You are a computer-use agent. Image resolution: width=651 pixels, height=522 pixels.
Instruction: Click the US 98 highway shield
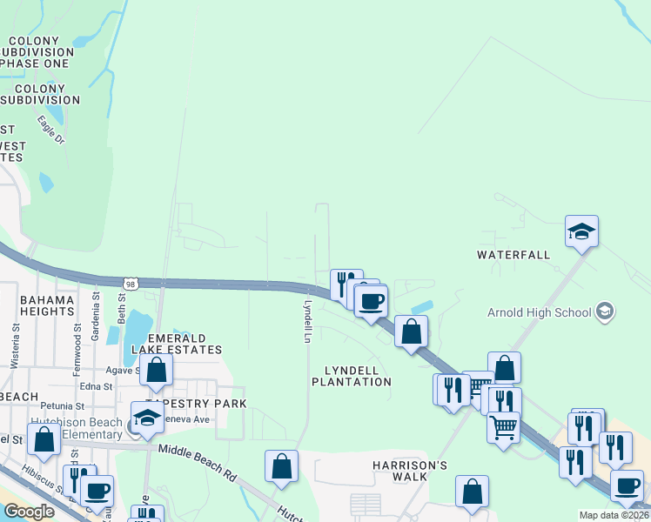(130, 284)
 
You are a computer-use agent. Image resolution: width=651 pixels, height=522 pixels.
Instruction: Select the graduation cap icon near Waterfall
(581, 231)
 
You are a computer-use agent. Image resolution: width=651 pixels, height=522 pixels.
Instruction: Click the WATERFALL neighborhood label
(513, 255)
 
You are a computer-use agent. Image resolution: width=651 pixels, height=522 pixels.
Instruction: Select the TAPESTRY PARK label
(196, 404)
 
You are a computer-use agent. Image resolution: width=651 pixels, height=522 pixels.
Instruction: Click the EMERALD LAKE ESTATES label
(177, 344)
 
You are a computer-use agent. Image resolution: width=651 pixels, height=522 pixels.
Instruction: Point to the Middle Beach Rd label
(198, 463)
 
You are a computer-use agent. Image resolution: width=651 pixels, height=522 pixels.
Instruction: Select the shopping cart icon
(504, 428)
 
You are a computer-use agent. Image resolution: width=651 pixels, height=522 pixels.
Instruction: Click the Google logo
(29, 512)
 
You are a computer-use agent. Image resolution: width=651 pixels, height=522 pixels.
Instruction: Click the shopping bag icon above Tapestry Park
(156, 371)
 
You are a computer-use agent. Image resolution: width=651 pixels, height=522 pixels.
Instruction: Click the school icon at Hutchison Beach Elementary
(147, 418)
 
